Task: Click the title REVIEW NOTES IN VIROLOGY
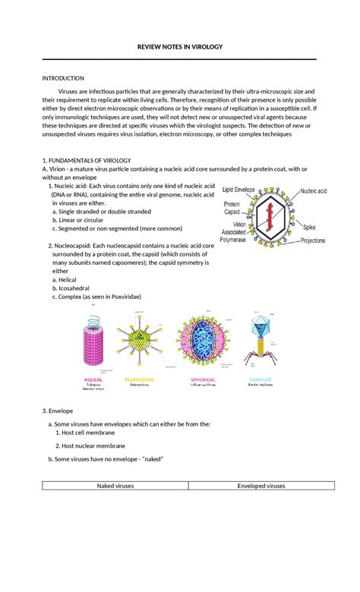(x=179, y=47)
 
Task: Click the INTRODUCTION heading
(x=63, y=78)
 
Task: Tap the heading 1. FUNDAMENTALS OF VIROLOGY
(x=87, y=160)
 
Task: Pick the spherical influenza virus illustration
(x=201, y=342)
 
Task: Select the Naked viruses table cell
(x=115, y=486)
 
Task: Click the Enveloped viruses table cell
(x=261, y=486)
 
